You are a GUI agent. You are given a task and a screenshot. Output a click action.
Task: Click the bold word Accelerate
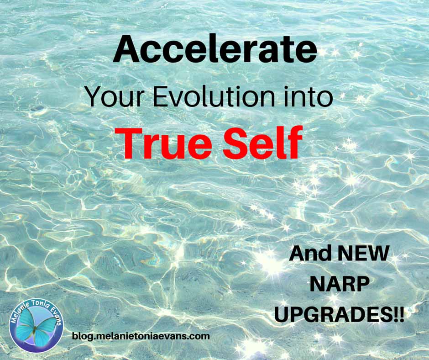click(x=215, y=50)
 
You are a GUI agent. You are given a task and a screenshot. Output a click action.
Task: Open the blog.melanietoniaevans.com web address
click(x=141, y=336)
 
